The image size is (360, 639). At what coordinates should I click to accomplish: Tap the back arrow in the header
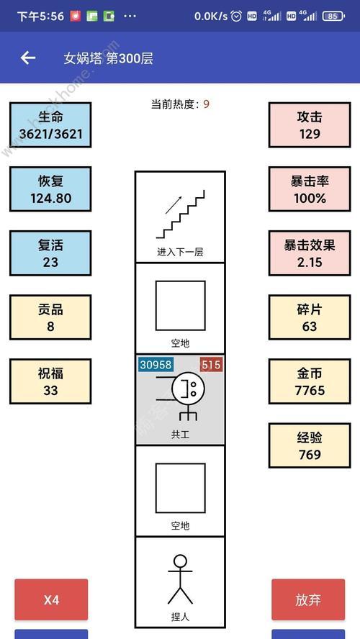28,58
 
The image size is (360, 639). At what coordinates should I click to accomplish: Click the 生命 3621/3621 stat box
50,124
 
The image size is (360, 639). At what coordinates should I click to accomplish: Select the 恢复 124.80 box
50,189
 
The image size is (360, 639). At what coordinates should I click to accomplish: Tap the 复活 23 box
50,253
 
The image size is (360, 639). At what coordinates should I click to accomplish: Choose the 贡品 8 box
50,317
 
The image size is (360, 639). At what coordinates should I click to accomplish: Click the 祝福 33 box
50,381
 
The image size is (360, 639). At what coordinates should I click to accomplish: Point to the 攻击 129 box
310,124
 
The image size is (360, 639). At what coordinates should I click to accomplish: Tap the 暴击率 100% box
310,189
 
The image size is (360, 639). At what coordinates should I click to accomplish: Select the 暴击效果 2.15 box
310,253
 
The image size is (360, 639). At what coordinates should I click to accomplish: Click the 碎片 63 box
310,317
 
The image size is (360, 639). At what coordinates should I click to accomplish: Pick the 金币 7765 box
310,381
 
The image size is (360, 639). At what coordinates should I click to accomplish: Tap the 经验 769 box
310,445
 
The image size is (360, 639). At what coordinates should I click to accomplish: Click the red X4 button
51,599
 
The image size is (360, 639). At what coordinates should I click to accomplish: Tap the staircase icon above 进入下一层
180,214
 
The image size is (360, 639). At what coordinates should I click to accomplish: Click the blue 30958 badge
156,364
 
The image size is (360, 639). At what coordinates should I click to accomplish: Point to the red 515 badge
211,364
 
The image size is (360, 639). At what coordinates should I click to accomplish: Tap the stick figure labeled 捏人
180,579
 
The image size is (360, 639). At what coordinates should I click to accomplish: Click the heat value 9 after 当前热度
207,104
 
